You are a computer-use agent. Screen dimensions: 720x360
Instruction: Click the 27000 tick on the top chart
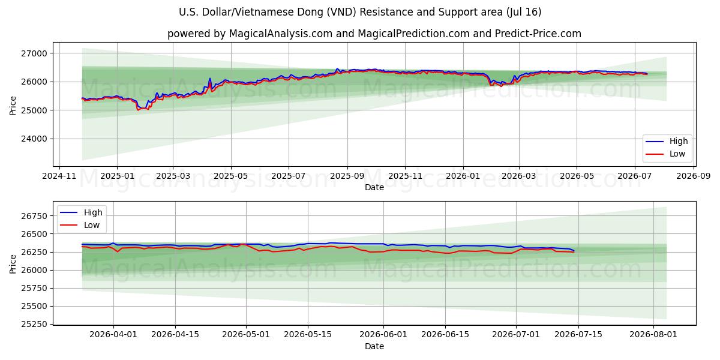coord(34,53)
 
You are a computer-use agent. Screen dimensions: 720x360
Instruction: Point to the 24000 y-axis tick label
coord(34,139)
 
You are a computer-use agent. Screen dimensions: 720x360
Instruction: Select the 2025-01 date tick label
coord(118,176)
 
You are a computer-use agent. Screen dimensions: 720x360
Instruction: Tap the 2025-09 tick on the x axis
coord(347,176)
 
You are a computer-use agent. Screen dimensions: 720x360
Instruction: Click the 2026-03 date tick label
coord(519,176)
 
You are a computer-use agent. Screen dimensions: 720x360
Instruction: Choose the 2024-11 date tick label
coord(59,176)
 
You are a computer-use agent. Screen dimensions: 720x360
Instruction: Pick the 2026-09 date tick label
coord(694,176)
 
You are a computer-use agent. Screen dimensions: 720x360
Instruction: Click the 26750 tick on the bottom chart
coord(34,216)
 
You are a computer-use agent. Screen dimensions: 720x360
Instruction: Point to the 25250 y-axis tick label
coord(34,325)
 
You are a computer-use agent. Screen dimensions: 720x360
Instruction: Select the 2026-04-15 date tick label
coord(175,335)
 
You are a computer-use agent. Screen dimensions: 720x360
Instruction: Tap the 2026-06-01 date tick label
coord(383,335)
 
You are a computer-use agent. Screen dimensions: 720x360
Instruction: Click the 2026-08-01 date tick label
coord(653,335)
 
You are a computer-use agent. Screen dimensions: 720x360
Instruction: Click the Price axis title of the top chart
coord(13,106)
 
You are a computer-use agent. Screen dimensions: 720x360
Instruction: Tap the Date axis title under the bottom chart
coord(374,346)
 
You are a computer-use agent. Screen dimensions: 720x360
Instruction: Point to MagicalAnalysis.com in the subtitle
coord(281,34)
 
